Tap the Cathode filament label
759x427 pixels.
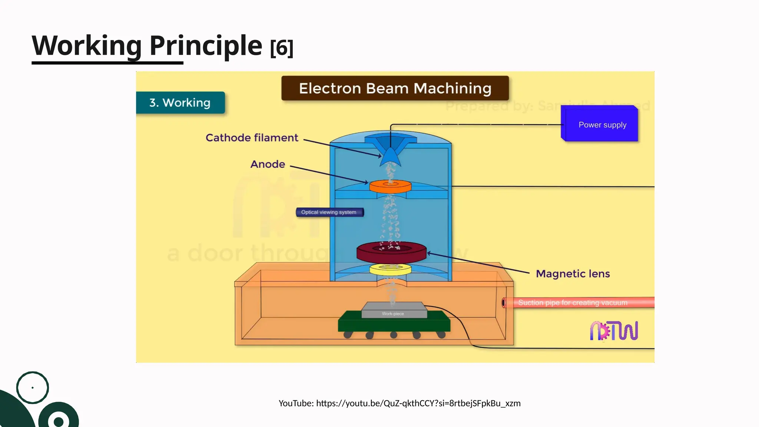252,138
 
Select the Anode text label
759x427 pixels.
268,164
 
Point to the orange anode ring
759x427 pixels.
390,186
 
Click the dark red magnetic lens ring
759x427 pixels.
391,253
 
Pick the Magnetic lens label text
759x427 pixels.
573,274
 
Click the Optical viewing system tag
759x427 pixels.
329,212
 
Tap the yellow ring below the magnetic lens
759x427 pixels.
390,270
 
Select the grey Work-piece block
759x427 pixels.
394,310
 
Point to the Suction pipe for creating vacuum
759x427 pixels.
578,302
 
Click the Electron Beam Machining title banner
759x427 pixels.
395,88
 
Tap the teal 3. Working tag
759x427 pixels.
180,103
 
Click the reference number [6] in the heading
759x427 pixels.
282,48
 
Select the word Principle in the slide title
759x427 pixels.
206,46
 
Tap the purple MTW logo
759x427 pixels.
614,331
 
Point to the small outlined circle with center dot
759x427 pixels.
33,387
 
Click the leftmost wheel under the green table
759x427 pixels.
348,335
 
